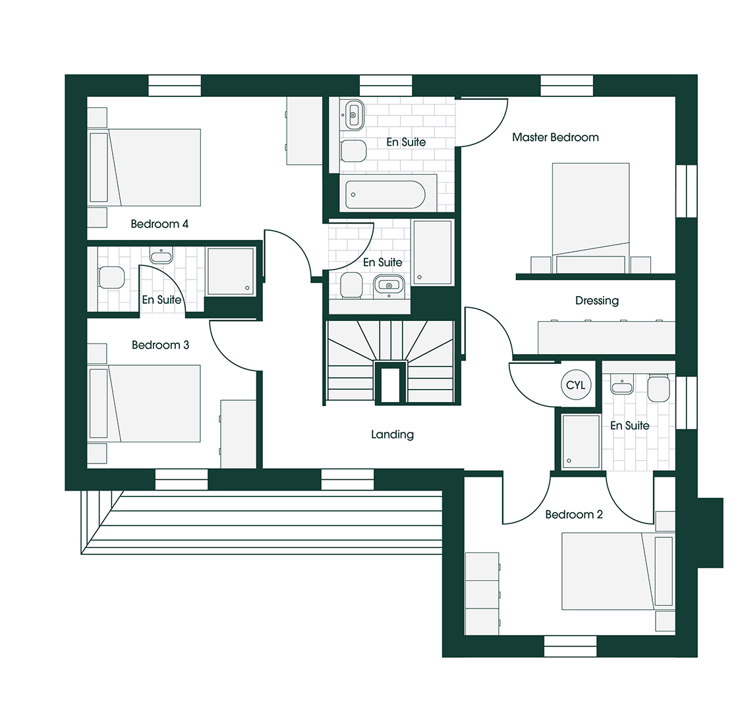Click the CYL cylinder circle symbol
tap(575, 385)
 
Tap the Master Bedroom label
tap(555, 138)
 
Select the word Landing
tap(392, 434)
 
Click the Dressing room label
tap(597, 301)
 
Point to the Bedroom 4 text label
tap(159, 224)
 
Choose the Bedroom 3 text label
tap(160, 345)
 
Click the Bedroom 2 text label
tap(574, 515)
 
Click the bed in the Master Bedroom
tap(590, 211)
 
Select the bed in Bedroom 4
tap(155, 167)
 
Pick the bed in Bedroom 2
tap(610, 571)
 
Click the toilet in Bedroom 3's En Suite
tap(111, 278)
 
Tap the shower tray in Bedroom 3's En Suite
tap(231, 270)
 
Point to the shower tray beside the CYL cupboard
tap(581, 441)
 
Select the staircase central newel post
tap(391, 382)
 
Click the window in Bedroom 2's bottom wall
tap(570, 646)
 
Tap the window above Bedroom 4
tap(175, 86)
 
